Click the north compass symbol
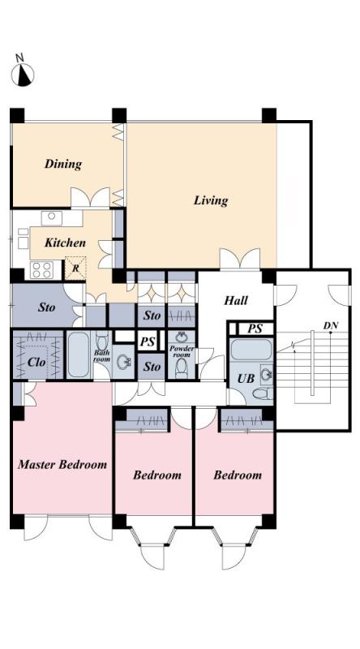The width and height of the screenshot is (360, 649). (x=23, y=75)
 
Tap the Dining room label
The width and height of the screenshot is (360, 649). (x=63, y=164)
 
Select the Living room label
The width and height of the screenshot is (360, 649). (x=211, y=200)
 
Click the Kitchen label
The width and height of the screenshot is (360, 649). (x=66, y=243)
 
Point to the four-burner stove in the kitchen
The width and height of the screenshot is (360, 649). (x=42, y=270)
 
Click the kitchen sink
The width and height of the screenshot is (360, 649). (x=52, y=218)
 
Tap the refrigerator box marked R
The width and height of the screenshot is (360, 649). (x=75, y=269)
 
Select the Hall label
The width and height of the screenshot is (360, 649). (x=236, y=300)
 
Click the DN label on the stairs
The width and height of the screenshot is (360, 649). (x=330, y=326)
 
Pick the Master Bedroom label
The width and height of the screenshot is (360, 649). (x=62, y=464)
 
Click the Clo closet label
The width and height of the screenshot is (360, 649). (x=36, y=362)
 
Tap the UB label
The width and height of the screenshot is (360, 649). (x=246, y=378)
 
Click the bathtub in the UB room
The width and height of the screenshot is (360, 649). (x=251, y=350)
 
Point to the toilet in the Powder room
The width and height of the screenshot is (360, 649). (x=182, y=368)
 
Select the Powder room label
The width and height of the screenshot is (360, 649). (x=182, y=352)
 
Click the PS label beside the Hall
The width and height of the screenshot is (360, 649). (x=255, y=329)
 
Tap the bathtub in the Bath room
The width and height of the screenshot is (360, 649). (x=78, y=355)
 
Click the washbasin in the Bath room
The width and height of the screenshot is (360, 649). (x=123, y=363)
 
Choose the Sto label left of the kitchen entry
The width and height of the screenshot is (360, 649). (x=46, y=308)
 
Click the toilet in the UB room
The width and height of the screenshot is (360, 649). (x=263, y=393)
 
